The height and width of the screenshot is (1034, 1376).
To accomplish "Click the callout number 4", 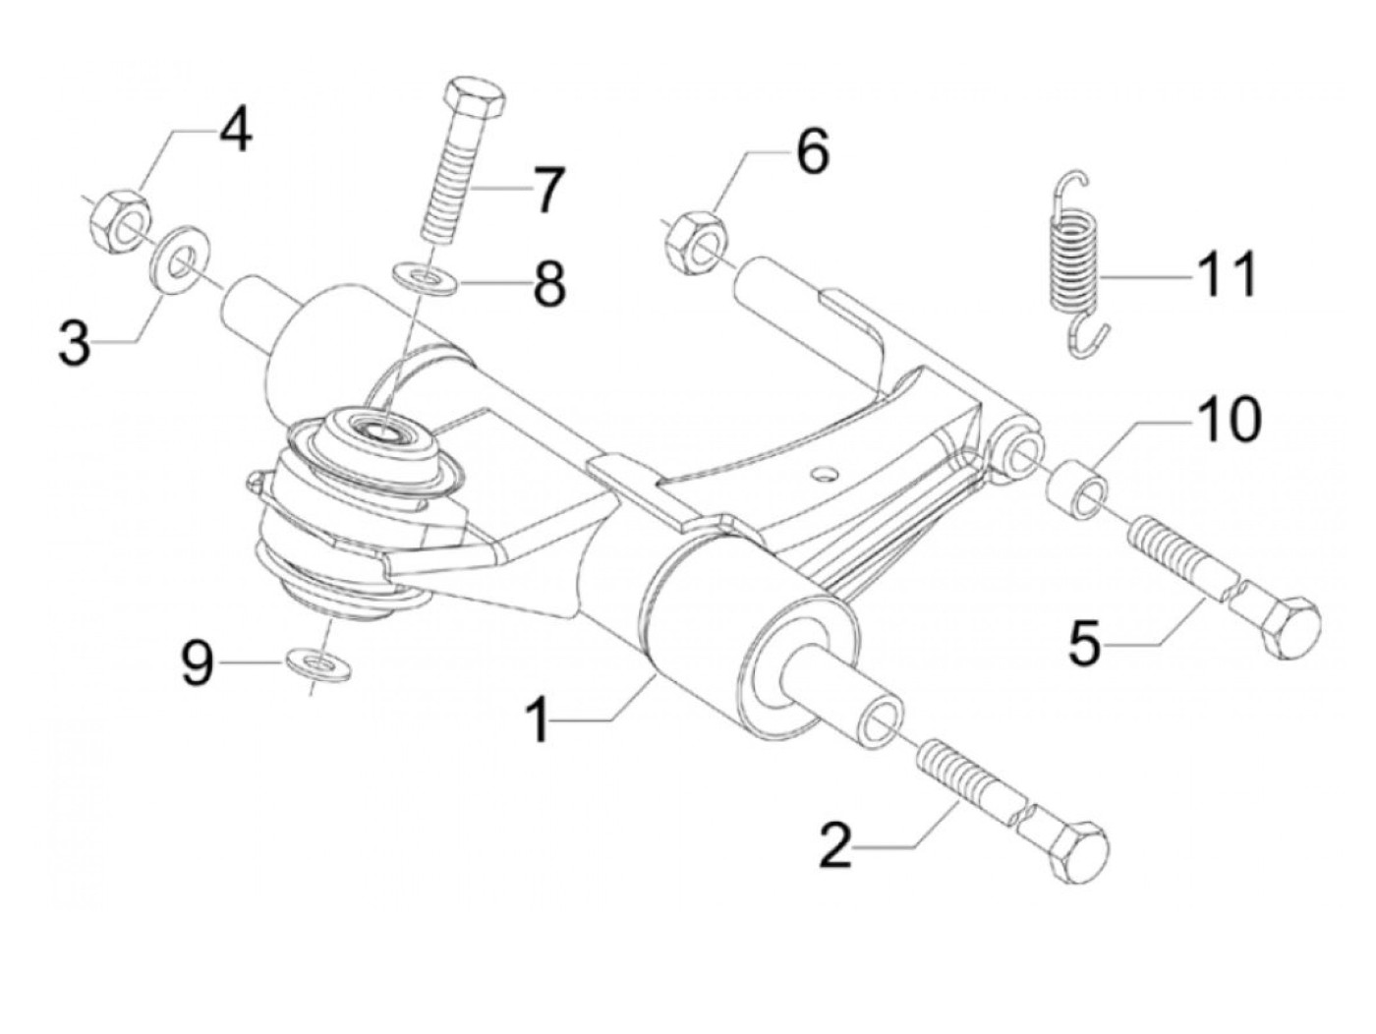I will point(234,130).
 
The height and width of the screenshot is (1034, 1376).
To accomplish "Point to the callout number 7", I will point(545,190).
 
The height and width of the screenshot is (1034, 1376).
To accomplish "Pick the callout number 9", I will point(198,663).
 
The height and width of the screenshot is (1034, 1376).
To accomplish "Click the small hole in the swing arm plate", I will point(822,473).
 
